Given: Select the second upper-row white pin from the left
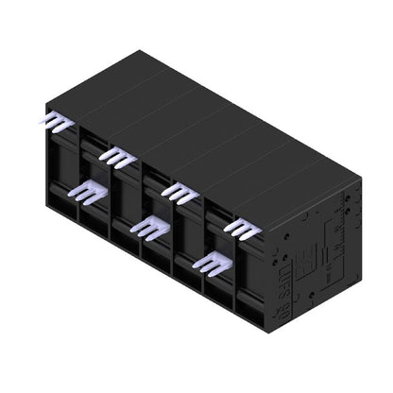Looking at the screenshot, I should [117, 157].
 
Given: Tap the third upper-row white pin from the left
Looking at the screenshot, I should [179, 193].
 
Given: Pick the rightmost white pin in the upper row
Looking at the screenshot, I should [241, 228].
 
